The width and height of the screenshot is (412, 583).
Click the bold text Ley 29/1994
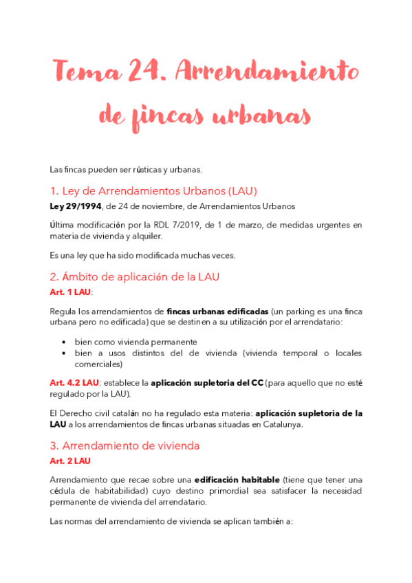[x=74, y=206]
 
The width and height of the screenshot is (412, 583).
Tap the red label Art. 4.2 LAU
[x=74, y=382]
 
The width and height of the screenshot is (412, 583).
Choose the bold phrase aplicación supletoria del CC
[x=206, y=382]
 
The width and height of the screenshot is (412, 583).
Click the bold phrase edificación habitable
[x=237, y=479]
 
